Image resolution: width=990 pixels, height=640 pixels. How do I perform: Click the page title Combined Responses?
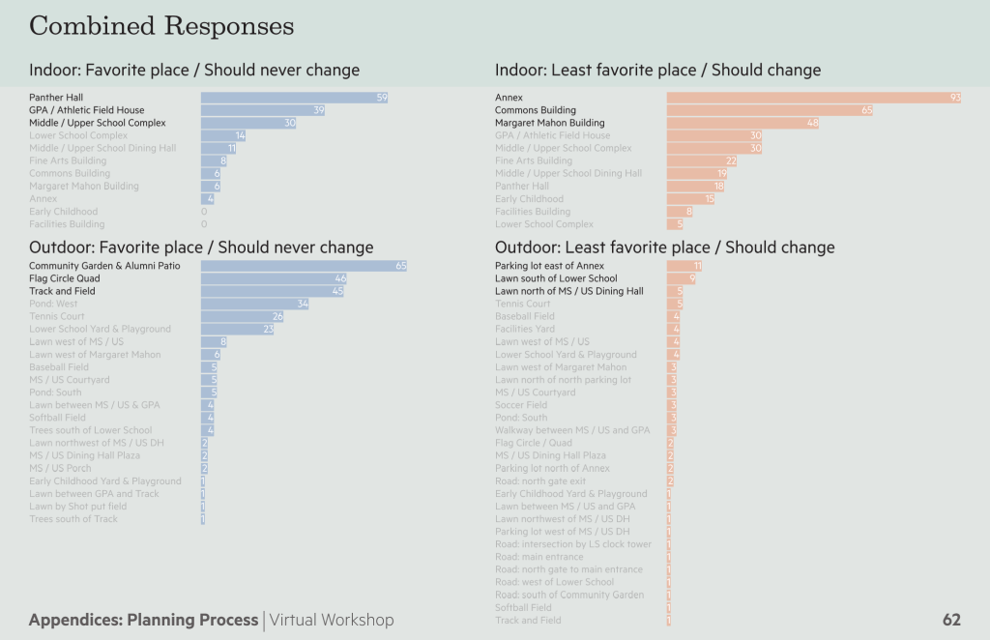(161, 25)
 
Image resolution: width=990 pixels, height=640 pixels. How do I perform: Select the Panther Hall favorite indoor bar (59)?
(294, 98)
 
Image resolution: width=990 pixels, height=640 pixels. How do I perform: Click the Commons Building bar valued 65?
(770, 110)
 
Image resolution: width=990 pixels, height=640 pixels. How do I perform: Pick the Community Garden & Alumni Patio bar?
(304, 266)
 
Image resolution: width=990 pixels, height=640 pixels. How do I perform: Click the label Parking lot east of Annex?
(549, 266)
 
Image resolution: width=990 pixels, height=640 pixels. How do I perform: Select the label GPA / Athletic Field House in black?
(86, 110)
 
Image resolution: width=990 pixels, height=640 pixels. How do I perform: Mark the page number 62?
(951, 620)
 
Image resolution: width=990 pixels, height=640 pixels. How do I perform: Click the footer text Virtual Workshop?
(332, 620)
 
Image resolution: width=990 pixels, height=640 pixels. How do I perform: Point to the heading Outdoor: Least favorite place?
(664, 247)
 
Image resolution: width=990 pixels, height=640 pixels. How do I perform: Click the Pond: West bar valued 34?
(255, 304)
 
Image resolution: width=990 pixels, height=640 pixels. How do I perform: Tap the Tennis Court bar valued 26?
(243, 316)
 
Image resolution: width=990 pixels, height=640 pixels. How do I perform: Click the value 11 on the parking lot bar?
(696, 266)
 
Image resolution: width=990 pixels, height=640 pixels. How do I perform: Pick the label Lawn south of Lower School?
(556, 278)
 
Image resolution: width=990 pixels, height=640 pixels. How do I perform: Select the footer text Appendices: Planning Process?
(143, 620)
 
